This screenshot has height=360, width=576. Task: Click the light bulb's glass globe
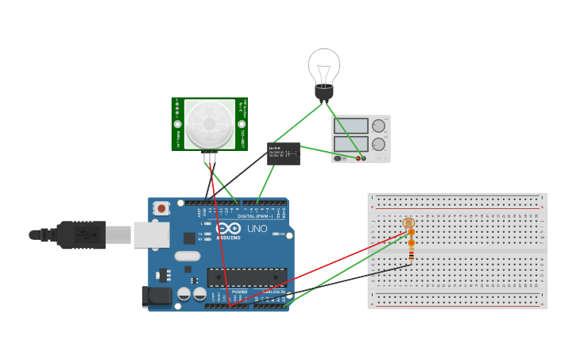(324, 65)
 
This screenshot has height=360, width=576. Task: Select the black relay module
(284, 153)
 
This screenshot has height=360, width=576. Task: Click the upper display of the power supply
(351, 126)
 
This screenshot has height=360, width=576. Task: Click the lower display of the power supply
(351, 144)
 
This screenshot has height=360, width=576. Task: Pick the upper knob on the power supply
(379, 126)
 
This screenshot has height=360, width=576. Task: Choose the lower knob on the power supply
(379, 144)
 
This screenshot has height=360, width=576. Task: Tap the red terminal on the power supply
(358, 158)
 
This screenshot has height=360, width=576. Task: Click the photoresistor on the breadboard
(408, 223)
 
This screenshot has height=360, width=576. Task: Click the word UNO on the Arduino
(257, 228)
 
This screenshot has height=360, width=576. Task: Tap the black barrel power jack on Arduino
(156, 296)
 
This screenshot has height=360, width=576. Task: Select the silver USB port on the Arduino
(151, 234)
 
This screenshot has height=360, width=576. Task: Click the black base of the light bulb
(324, 92)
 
